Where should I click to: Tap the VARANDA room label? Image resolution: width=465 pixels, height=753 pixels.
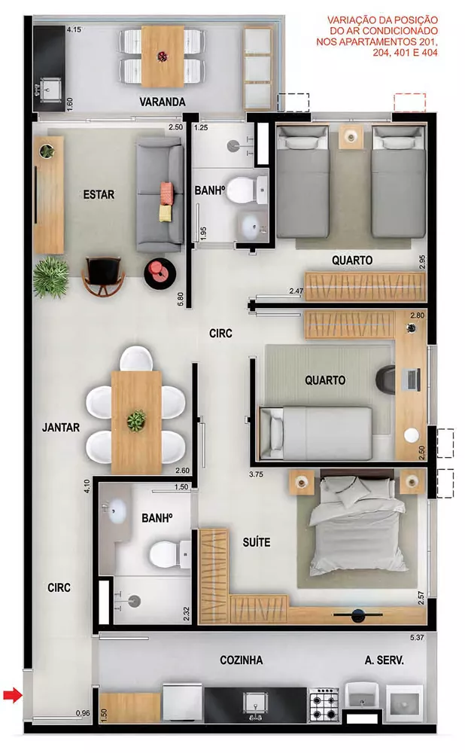[x=163, y=102]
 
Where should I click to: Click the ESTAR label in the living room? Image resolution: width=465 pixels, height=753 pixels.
[x=99, y=194]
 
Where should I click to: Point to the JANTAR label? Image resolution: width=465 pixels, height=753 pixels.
[x=62, y=427]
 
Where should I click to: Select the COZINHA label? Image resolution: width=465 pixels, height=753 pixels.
[x=241, y=660]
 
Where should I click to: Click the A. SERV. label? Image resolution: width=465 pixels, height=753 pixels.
[x=384, y=660]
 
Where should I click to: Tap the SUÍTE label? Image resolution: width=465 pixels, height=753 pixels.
[x=257, y=542]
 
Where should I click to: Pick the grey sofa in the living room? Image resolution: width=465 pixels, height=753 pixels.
[x=160, y=194]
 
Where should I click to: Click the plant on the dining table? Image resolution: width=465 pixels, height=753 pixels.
[x=136, y=420]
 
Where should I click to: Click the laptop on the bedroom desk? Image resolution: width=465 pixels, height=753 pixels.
[x=412, y=380]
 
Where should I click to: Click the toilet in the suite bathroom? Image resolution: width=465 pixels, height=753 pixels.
[x=166, y=556]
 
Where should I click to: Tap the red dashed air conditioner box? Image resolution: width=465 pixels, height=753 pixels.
[x=409, y=102]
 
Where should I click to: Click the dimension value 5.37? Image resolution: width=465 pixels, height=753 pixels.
[x=418, y=639]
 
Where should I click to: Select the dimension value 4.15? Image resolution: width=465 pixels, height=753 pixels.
[x=74, y=29]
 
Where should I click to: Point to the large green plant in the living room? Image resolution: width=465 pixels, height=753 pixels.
[x=51, y=276]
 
